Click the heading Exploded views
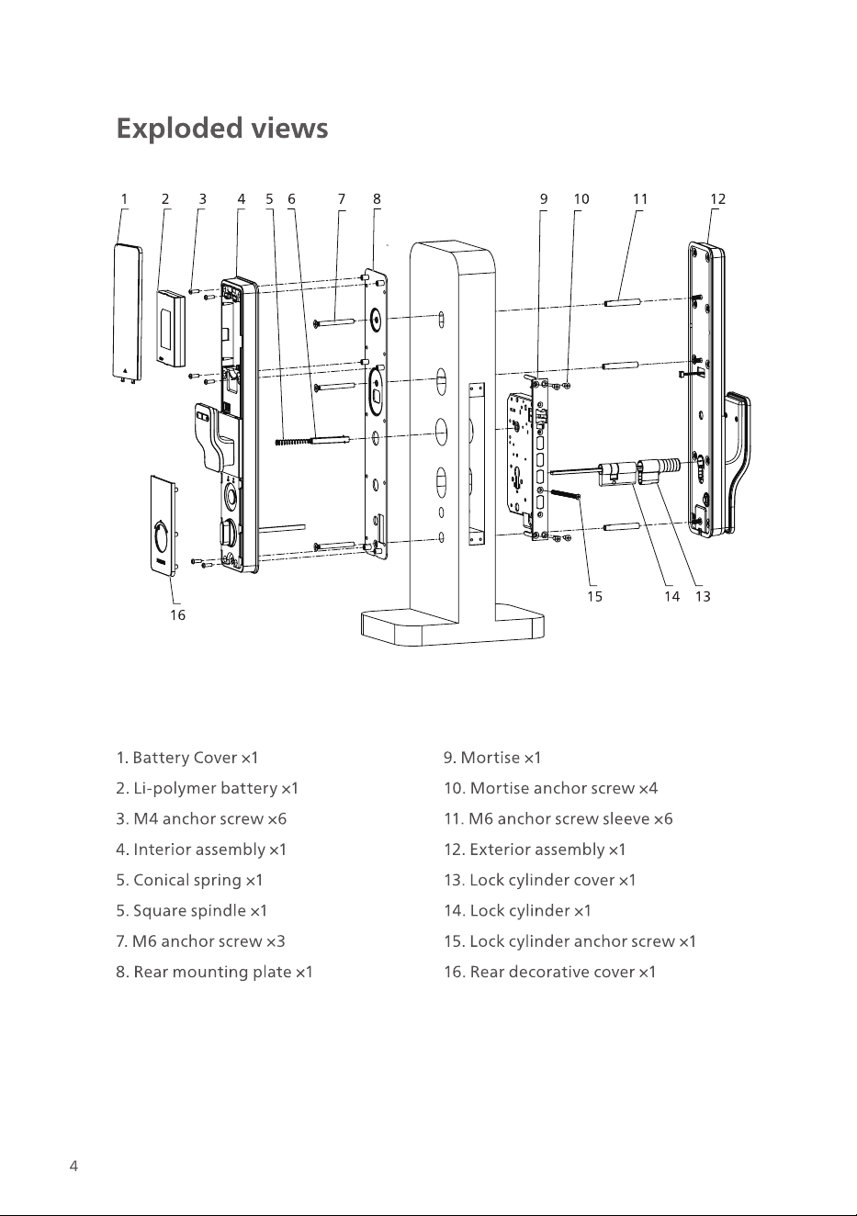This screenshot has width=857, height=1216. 222,129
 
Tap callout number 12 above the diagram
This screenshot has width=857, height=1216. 718,199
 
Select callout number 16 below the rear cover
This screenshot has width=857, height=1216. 177,615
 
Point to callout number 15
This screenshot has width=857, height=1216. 594,597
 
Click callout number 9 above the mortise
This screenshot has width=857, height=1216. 544,199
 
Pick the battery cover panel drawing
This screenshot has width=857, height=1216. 129,314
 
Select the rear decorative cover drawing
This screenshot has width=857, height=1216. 164,524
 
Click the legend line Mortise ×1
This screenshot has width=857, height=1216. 492,758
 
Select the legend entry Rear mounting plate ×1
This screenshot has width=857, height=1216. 215,971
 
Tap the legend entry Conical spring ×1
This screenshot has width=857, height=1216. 189,880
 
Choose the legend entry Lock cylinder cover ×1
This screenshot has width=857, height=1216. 540,880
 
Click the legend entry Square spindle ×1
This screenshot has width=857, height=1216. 192,910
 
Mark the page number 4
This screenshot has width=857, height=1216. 73,1165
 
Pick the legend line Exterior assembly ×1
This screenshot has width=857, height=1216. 535,849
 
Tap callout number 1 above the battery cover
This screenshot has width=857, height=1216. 124,199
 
